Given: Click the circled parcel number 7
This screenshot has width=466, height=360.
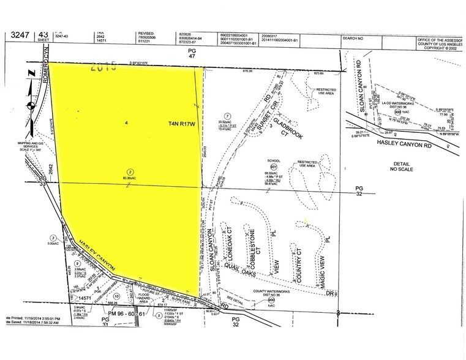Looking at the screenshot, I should pyautogui.click(x=227, y=116).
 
